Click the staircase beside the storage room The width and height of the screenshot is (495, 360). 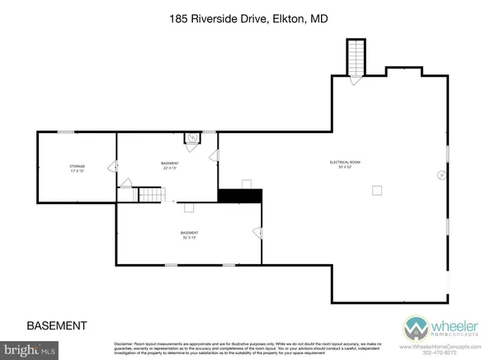coord(149,195)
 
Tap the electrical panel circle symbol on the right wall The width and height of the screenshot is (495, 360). coord(441,175)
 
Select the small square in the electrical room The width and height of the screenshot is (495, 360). coord(376,190)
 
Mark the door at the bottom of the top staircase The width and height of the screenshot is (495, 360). coord(355,79)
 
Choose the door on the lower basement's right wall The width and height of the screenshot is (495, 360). coord(258,234)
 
